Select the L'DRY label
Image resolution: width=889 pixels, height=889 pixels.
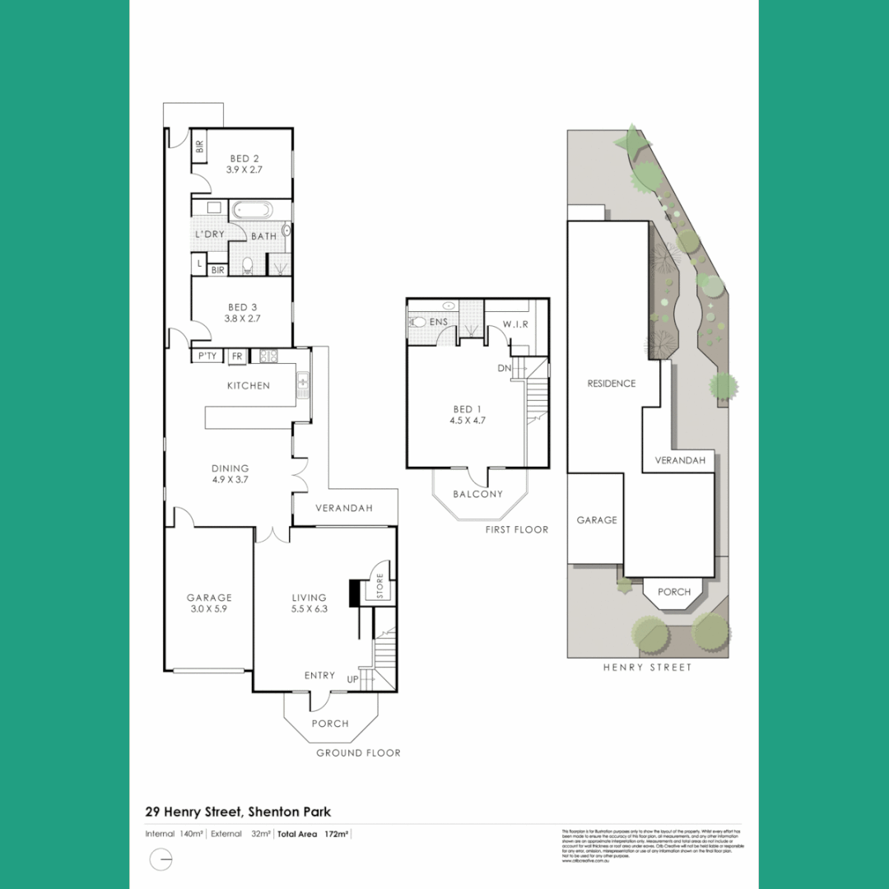pos(209,235)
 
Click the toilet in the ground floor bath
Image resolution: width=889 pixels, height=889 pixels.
pos(246,265)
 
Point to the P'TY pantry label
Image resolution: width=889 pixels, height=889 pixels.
pos(207,356)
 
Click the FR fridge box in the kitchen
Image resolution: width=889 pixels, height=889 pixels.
pos(237,356)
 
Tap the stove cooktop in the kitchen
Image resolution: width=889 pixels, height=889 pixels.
pos(268,356)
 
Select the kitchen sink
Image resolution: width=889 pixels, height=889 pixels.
pos(303,383)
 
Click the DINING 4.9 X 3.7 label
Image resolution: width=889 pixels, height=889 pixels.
pos(230,474)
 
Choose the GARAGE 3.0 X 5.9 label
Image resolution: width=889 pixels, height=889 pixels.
pos(209,603)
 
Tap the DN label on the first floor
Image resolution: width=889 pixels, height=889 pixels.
pos(505,369)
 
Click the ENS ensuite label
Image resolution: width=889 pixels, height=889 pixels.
pos(438,322)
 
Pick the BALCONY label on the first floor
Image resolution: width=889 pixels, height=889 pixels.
pos(477,494)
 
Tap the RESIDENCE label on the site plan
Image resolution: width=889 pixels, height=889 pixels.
pos(612,384)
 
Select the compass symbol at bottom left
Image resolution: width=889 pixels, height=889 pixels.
pos(162,860)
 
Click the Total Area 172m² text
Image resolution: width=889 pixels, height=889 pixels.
pos(313,834)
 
